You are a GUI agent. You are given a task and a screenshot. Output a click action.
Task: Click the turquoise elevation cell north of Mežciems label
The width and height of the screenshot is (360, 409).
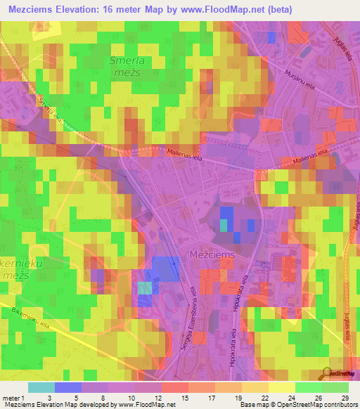coord(224,225)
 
